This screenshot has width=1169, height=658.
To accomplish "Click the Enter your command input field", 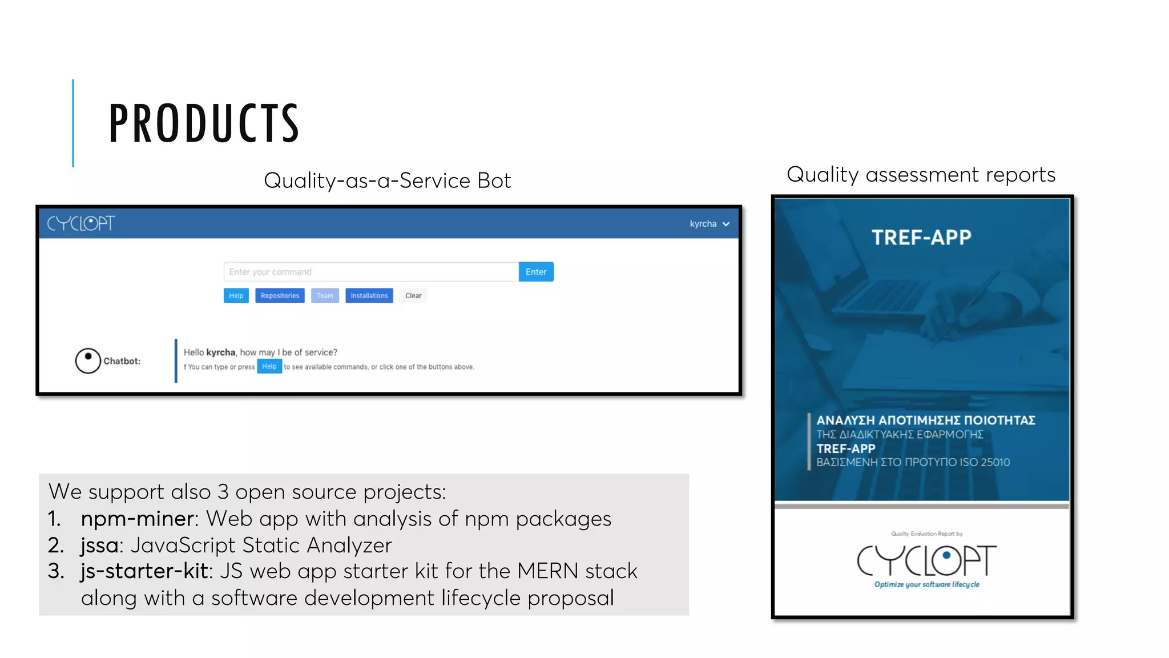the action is point(371,272).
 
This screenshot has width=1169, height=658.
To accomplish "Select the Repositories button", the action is point(280,295).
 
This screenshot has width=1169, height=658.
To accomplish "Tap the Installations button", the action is point(369,295).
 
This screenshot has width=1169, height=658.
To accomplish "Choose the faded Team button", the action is point(325,295).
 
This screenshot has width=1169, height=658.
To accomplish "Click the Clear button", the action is point(413,295).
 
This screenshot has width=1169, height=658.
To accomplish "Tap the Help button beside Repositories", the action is point(236,295).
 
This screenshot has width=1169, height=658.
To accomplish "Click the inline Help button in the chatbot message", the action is point(269,367).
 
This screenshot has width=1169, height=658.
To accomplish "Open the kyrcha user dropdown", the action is point(709,224).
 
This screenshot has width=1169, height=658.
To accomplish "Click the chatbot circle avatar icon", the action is point(88,360).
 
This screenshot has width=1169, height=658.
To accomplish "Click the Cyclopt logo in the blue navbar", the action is point(80,223).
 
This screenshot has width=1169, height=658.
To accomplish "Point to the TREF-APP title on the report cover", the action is point(921,237).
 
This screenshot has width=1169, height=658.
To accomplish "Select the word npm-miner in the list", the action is point(137,519).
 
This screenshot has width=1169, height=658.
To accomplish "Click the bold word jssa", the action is point(99,545).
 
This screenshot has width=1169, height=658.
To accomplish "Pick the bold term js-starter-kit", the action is point(145,571).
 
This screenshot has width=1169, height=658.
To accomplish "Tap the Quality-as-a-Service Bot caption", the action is point(387,180).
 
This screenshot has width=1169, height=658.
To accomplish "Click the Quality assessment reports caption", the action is point(921,174).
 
